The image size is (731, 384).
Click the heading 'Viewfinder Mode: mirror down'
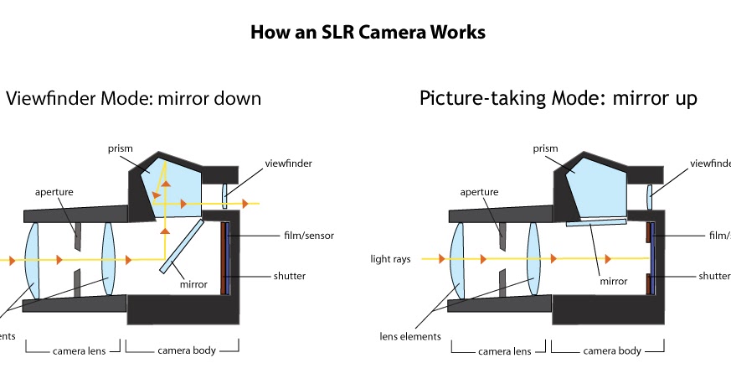[134, 98]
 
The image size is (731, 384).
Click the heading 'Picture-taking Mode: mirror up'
[558, 98]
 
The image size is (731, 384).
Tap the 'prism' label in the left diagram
[121, 148]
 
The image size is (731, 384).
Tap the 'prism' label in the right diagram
[545, 148]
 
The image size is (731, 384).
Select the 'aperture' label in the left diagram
[54, 192]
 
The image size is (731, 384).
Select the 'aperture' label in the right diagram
[480, 192]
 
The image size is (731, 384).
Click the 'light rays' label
[390, 259]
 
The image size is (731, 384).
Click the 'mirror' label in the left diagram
[193, 284]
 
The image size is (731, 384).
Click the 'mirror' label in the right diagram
[612, 282]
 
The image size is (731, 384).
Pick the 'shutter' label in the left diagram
[289, 276]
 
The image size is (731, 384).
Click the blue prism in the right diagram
[595, 186]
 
